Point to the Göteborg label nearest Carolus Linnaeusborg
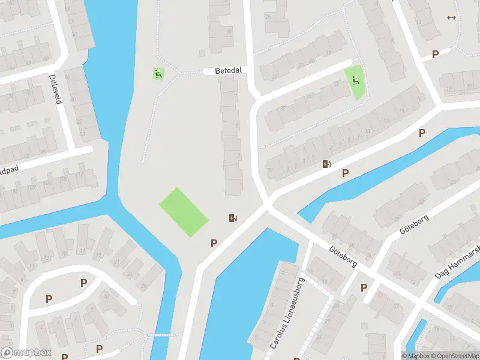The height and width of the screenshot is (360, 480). (x=343, y=256)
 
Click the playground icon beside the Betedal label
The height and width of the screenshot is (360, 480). (x=158, y=74)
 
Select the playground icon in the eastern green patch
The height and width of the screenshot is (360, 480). (x=356, y=80)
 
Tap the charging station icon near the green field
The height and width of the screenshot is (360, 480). (x=233, y=218)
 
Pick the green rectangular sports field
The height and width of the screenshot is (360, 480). (x=184, y=212)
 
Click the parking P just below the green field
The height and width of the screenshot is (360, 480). (x=213, y=243)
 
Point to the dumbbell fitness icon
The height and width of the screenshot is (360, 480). (x=451, y=17)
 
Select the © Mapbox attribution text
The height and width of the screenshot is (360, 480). (x=414, y=356)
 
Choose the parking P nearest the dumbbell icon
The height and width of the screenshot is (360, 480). (x=435, y=54)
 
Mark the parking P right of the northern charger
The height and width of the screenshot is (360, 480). (x=345, y=173)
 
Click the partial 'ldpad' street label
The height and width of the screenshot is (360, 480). (x=9, y=170)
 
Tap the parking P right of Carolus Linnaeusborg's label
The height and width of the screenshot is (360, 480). (x=364, y=287)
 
